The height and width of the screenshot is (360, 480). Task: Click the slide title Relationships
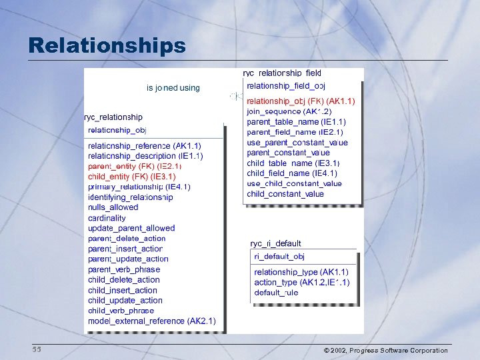(x=107, y=45)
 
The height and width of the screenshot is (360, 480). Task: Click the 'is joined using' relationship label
(x=173, y=87)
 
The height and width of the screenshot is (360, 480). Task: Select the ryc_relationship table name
(x=113, y=117)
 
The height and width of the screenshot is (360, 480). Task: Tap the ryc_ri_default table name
(x=275, y=244)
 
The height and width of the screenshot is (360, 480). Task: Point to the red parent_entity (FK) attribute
(x=134, y=166)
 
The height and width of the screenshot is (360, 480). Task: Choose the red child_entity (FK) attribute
(x=131, y=177)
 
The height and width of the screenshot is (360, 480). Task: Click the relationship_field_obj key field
(x=286, y=86)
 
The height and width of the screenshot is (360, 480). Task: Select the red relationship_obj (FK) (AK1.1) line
(x=301, y=101)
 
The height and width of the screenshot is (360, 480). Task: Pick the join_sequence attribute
(x=289, y=111)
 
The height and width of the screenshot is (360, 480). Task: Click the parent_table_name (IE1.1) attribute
(x=296, y=122)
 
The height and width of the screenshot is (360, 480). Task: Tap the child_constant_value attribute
(x=285, y=194)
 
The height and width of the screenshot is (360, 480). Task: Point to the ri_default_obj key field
(x=279, y=257)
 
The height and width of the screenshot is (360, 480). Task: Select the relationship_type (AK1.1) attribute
(x=301, y=272)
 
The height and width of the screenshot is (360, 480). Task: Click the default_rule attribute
(x=276, y=293)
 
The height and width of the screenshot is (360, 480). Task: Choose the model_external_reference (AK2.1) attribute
(x=151, y=321)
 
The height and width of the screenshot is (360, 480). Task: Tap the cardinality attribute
(x=107, y=218)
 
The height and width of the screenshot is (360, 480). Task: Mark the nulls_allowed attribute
(x=113, y=207)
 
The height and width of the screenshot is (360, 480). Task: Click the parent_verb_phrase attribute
(x=124, y=269)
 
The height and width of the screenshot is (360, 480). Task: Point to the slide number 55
(x=36, y=350)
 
